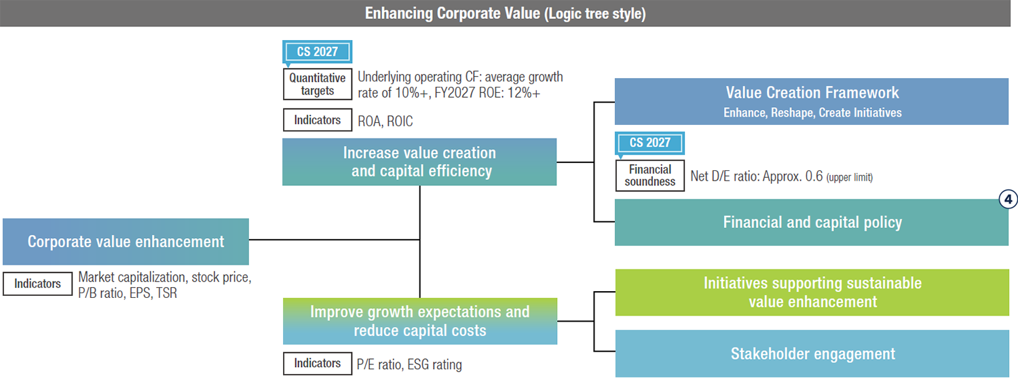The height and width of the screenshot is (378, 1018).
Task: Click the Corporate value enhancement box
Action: (126, 242)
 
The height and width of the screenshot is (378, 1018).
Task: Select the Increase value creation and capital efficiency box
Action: (419, 162)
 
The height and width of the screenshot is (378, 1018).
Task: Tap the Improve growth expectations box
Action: (419, 321)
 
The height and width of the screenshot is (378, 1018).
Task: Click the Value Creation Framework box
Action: (812, 101)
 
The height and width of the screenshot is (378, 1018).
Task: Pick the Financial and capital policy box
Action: (812, 223)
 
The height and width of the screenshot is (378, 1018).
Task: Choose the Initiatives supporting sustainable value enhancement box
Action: (812, 292)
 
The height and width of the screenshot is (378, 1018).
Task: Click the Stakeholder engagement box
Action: (812, 354)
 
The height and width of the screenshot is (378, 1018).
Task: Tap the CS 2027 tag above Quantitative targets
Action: (317, 52)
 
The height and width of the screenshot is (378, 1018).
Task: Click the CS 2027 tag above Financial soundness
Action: (649, 143)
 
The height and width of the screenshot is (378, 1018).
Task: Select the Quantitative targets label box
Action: (317, 84)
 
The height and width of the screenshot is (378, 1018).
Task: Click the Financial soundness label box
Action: (649, 176)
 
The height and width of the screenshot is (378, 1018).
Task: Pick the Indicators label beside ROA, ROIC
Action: (317, 120)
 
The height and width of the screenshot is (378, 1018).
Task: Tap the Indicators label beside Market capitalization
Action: (37, 284)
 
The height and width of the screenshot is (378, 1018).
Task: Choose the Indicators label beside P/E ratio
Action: (317, 363)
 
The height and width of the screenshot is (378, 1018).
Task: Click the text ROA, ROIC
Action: (385, 121)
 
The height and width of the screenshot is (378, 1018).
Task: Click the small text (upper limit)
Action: (849, 177)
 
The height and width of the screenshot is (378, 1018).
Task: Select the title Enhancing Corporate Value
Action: (505, 14)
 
